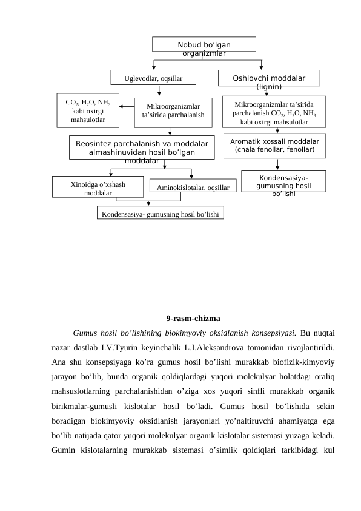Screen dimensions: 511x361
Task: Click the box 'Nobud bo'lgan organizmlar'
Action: click(204, 45)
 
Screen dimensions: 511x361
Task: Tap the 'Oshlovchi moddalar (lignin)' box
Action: click(269, 79)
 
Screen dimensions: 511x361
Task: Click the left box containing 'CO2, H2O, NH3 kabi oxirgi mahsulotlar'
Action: click(87, 110)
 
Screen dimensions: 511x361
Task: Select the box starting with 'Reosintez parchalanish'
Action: click(142, 147)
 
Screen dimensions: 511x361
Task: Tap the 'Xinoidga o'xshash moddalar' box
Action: click(98, 187)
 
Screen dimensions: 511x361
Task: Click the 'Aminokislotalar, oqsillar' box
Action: click(192, 188)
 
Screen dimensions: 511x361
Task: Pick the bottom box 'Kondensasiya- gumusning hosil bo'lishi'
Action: click(160, 214)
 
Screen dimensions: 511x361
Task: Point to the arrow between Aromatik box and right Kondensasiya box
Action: click(277, 164)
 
